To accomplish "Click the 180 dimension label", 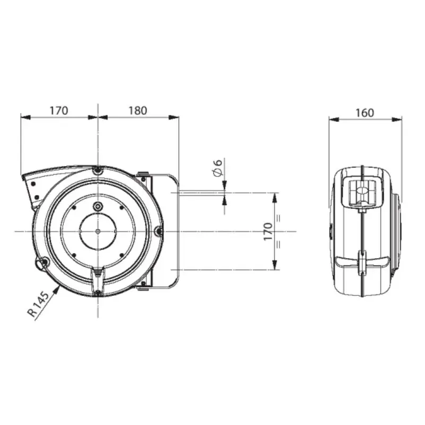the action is click(138, 110).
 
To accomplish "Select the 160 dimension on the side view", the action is click(364, 113).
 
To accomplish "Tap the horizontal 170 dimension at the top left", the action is click(59, 110).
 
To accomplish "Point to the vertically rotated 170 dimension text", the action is click(268, 231).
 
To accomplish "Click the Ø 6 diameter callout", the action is click(218, 168).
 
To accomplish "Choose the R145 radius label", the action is click(39, 304).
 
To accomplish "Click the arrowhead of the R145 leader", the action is click(57, 289).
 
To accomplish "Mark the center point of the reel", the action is click(98, 231).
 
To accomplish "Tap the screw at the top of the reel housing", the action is click(98, 171).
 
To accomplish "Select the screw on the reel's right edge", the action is click(159, 231).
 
